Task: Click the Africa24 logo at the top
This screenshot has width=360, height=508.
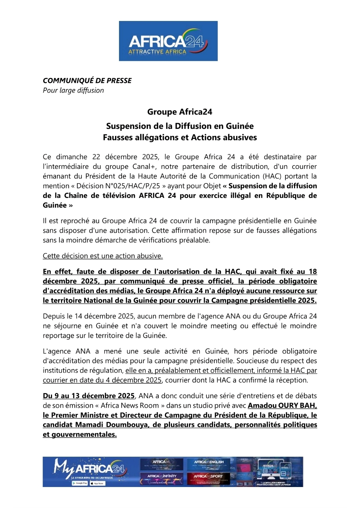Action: [168, 41]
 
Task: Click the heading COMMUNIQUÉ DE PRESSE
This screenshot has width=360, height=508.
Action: [87, 81]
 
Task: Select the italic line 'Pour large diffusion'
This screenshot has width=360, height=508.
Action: [73, 90]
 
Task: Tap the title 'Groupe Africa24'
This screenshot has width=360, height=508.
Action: [180, 112]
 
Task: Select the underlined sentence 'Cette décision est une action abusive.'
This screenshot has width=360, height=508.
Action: [103, 256]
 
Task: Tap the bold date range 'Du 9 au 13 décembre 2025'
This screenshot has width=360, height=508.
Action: [89, 396]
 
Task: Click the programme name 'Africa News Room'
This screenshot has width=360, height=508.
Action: [130, 405]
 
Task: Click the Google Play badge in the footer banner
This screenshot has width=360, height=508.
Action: [80, 483]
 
